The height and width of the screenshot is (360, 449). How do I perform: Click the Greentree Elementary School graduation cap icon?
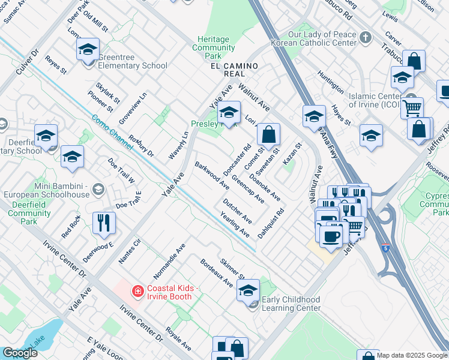point(88,50)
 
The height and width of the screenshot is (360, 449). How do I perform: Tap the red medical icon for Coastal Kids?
point(137,291)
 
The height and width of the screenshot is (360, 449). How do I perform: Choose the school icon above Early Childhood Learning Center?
point(247,291)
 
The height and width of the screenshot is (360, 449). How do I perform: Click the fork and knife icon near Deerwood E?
point(104,224)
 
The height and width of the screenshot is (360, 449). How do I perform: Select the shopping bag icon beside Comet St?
point(270,136)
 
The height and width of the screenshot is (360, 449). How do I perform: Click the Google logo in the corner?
point(20,353)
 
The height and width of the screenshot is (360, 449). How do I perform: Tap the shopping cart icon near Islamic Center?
point(412,109)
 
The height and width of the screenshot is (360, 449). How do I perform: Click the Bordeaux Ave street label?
point(216,273)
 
